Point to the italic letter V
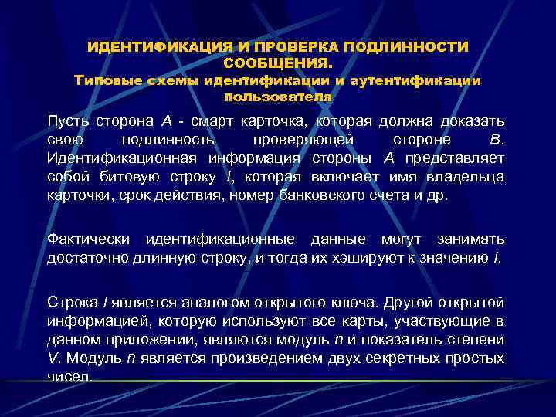52,358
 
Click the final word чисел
69,376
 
